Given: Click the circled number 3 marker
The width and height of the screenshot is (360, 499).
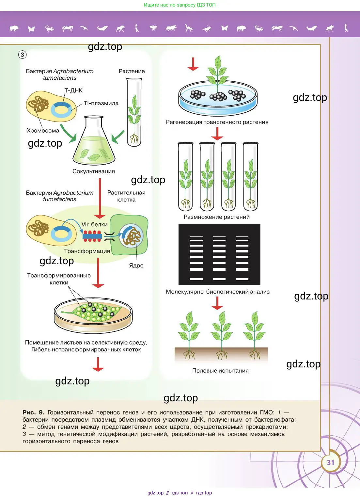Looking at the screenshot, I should click(x=23, y=55).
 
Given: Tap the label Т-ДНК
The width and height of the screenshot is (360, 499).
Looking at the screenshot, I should click(x=73, y=90).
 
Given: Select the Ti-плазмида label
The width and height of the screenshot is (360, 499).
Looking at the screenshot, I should click(x=101, y=103).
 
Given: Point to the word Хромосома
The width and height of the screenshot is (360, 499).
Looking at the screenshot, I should click(x=43, y=131).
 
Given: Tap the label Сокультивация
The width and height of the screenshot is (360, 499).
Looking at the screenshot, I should click(x=94, y=171).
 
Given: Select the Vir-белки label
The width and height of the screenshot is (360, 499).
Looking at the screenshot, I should click(x=94, y=224).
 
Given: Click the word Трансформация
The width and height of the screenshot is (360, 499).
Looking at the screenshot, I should click(x=87, y=251).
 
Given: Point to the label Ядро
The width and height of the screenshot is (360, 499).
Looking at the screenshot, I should click(x=136, y=266).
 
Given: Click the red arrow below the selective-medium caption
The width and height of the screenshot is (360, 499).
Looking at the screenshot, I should click(x=98, y=364).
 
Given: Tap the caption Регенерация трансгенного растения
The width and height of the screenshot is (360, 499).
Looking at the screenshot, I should click(x=217, y=122).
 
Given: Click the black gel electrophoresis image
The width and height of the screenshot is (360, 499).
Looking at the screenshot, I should click(x=219, y=255).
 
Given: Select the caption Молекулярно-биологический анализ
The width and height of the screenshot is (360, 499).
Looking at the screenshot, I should click(x=218, y=292).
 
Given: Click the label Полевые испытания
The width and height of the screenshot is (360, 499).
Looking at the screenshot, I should click(x=220, y=371).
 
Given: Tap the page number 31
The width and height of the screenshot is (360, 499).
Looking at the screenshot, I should click(x=331, y=462).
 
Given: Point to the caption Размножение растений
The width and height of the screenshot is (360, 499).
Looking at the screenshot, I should click(x=217, y=217).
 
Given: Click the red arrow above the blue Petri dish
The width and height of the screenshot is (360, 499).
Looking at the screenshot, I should click(x=193, y=64).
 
